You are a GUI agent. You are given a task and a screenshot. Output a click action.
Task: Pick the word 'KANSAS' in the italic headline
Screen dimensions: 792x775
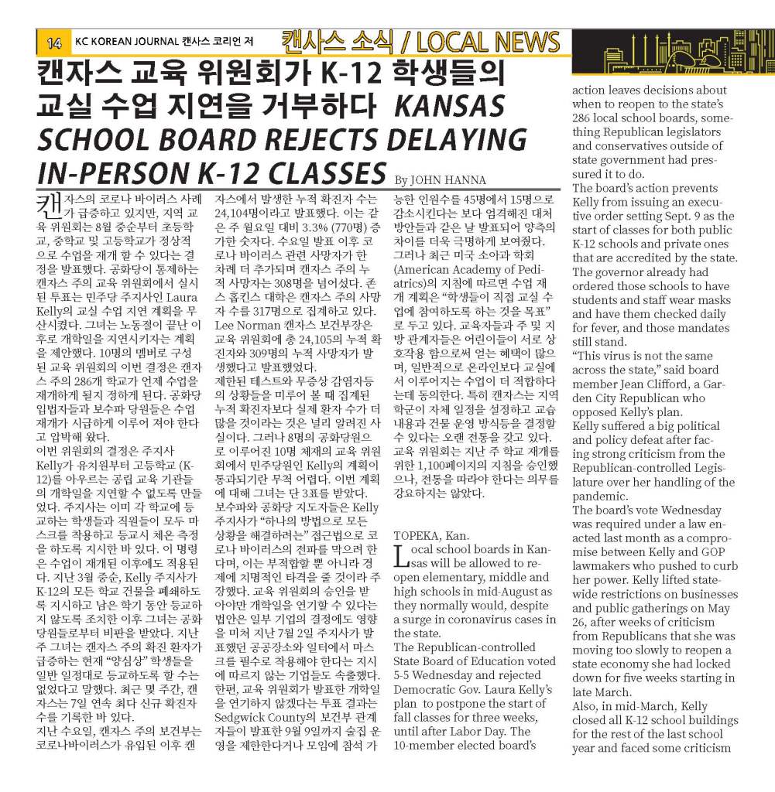[450, 107]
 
